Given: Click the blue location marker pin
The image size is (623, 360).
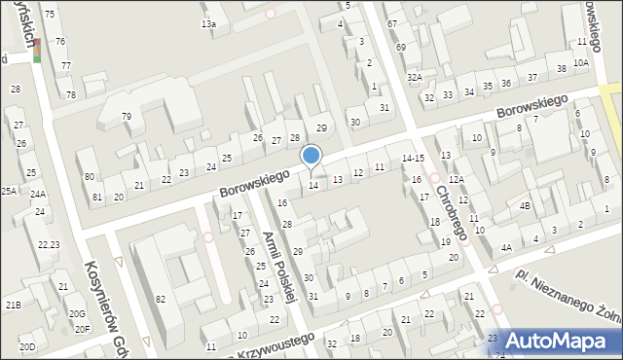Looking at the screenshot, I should point(311,157).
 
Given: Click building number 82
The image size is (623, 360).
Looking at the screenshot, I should point(160,298).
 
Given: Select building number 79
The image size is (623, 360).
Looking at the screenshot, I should point(127,117).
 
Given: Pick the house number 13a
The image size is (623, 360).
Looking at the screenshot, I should point(208,23).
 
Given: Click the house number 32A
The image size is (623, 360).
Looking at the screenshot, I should point(415,77).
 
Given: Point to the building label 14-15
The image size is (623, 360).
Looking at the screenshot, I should point(413,158).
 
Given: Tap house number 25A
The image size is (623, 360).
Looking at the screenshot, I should point(9,191).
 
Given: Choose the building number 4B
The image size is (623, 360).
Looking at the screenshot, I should point(524,206).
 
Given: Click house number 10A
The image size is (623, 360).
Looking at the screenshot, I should point(581,63).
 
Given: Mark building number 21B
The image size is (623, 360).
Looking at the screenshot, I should point(14,306).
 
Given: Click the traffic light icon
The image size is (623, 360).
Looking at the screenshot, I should point(37,49).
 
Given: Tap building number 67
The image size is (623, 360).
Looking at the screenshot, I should point(392,23).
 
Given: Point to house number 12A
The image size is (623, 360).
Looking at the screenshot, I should point(455,181).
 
